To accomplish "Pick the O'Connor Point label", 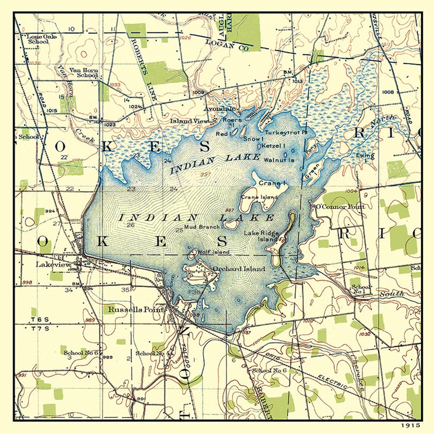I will point(340,207).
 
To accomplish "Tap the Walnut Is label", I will point(279,160).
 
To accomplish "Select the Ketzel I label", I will point(273,145).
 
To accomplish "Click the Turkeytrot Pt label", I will point(286,132).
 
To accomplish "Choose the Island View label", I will point(189,121).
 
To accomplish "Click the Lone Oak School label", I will point(41,39).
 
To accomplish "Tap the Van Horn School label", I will point(84,73).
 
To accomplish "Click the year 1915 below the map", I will point(410,425).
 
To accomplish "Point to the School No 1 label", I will point(361,289).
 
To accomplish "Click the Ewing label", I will point(365,156).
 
